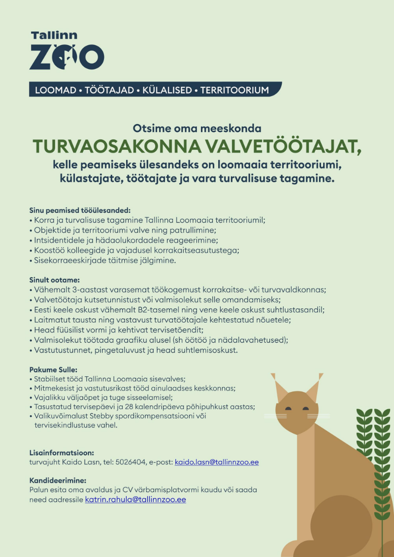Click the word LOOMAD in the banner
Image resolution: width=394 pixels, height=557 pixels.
56,90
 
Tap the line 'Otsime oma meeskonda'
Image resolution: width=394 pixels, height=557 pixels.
197,129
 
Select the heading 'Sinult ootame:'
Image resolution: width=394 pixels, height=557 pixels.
55,280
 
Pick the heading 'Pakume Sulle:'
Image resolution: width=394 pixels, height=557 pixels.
53,369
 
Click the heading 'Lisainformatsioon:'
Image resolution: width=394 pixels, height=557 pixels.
62,452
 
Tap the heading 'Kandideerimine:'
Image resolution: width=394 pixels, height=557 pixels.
58,480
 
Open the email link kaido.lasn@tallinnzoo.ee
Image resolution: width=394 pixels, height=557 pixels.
217,462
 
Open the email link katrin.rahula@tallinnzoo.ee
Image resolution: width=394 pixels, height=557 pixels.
135,499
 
